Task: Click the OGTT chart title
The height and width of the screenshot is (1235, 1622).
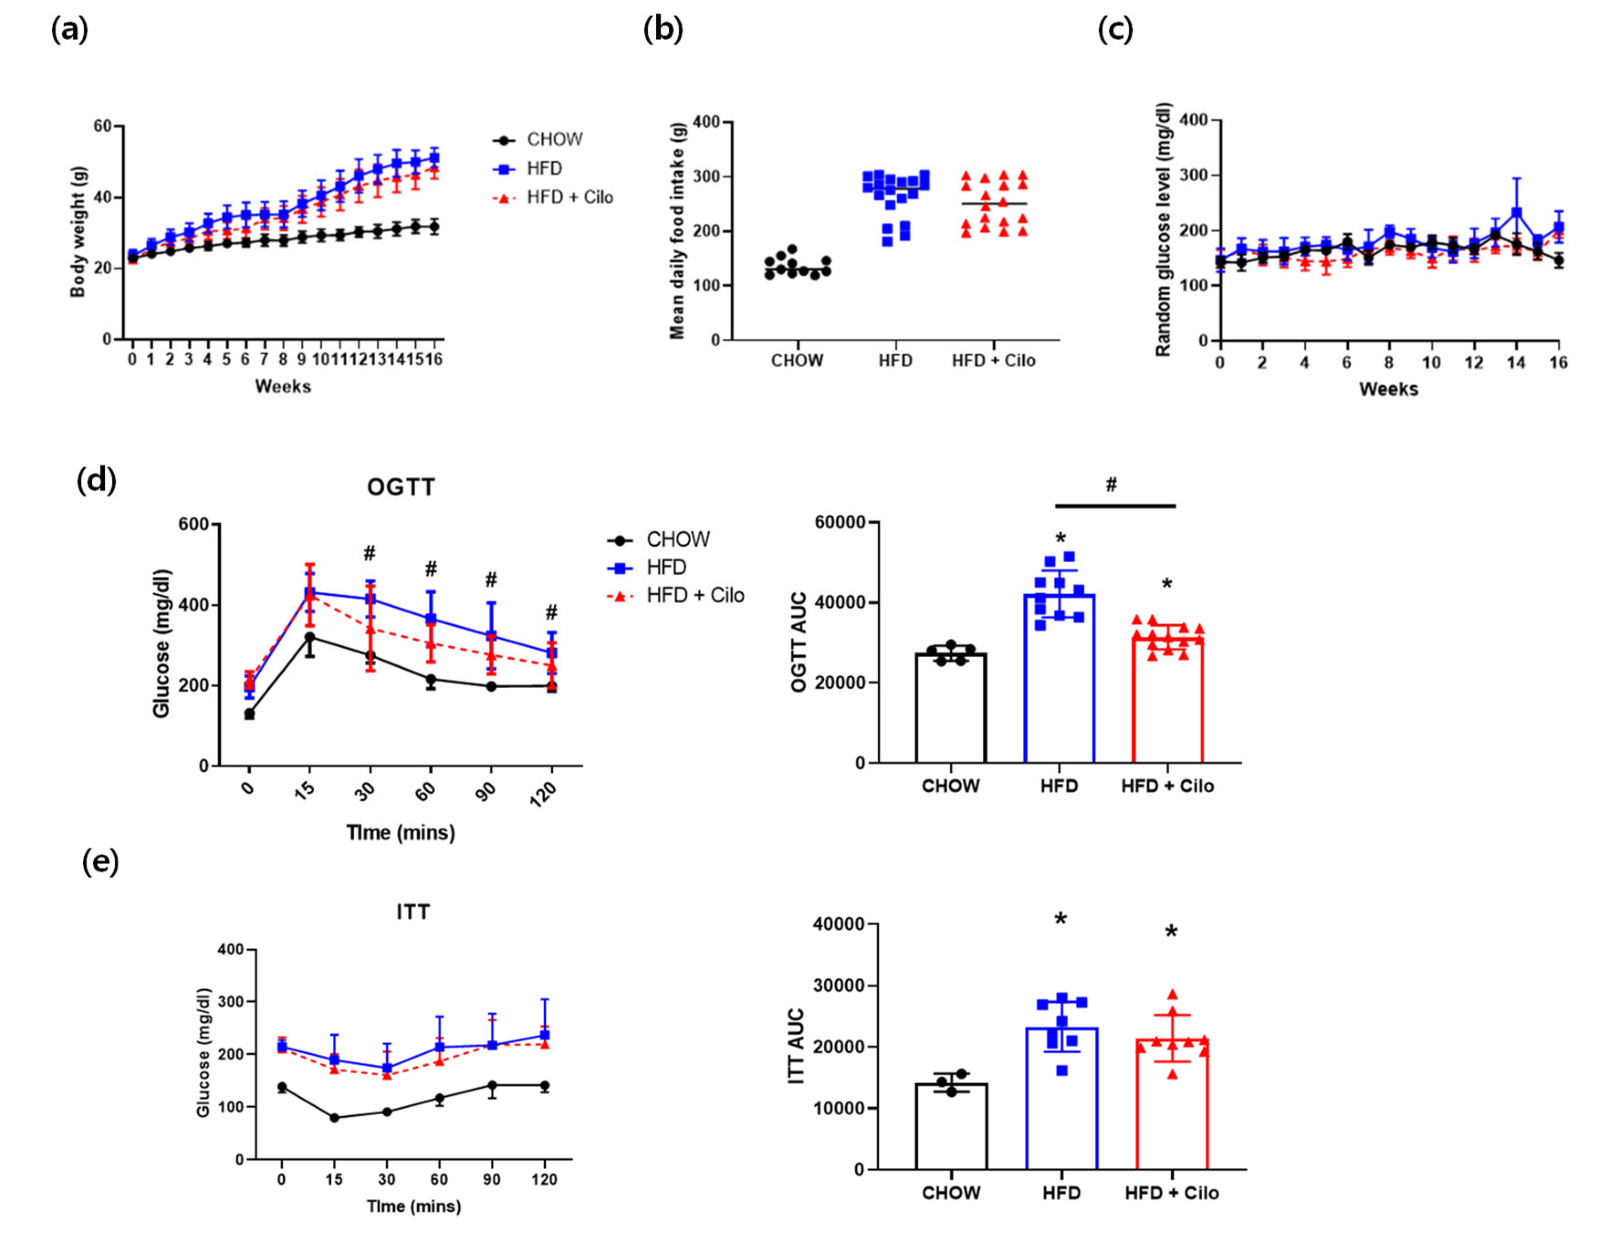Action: pyautogui.click(x=401, y=488)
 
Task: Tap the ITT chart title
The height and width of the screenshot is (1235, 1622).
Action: pyautogui.click(x=413, y=912)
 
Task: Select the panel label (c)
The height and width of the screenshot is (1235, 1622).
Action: pyautogui.click(x=1115, y=31)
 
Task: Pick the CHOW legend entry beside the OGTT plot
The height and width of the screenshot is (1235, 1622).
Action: pyautogui.click(x=678, y=539)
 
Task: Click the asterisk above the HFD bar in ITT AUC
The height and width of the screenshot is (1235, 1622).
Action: pyautogui.click(x=1061, y=919)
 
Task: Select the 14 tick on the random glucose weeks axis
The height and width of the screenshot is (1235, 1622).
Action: pyautogui.click(x=1516, y=363)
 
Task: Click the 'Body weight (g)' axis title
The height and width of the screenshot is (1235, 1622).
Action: pyautogui.click(x=78, y=232)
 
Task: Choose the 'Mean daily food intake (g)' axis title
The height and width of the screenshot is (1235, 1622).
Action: pyautogui.click(x=677, y=231)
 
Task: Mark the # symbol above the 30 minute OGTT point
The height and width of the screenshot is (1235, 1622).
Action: pyautogui.click(x=369, y=553)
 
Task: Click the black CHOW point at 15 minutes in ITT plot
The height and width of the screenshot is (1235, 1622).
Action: pyautogui.click(x=335, y=1117)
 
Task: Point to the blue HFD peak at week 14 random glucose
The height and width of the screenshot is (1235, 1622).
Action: pyautogui.click(x=1516, y=213)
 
